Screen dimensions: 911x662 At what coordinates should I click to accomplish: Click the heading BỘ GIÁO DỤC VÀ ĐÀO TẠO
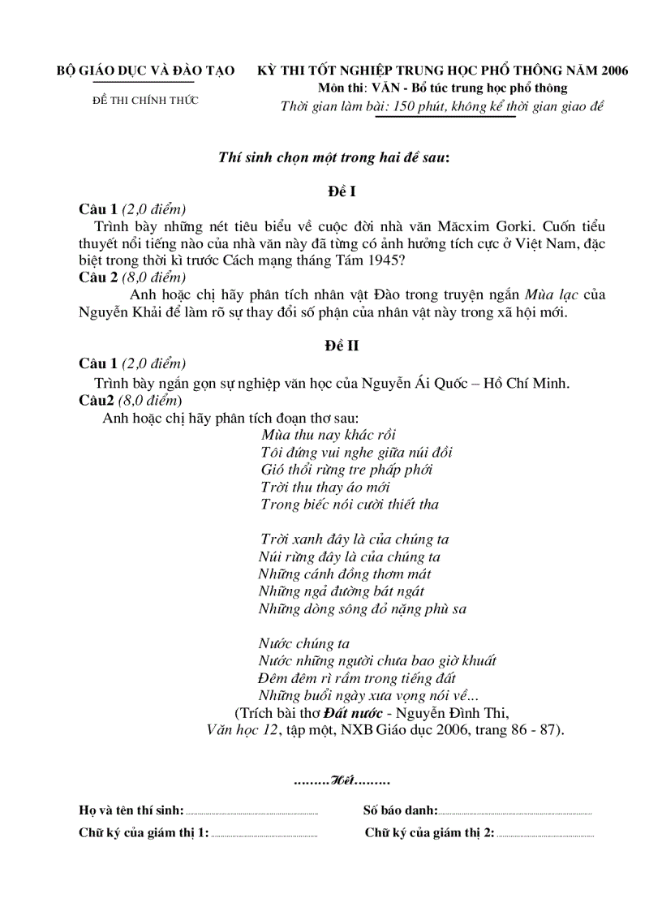coord(145,71)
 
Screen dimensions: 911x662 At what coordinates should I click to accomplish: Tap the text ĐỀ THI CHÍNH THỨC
coord(145,101)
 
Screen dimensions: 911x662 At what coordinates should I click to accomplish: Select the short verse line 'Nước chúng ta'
coord(303,643)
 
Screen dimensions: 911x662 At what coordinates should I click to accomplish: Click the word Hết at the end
coord(342,781)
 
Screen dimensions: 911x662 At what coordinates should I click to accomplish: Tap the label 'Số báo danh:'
coord(400,810)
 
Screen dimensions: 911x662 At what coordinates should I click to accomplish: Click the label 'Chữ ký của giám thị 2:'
coord(429,832)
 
